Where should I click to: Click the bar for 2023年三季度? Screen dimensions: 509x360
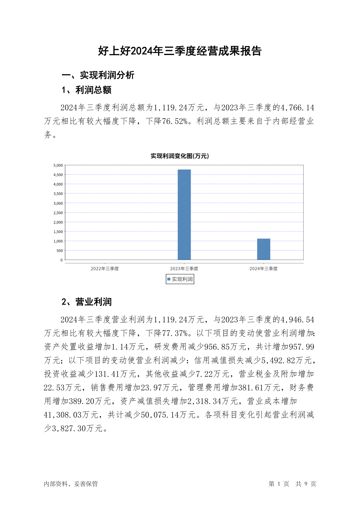[184, 215]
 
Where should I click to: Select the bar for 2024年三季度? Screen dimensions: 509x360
[264, 249]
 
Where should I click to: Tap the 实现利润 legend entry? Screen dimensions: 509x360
[180, 279]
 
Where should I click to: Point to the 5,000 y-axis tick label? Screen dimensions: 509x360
[58, 165]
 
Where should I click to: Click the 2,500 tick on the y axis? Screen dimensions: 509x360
[58, 213]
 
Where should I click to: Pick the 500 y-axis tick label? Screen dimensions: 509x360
[60, 251]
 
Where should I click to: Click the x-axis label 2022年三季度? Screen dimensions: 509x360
[105, 269]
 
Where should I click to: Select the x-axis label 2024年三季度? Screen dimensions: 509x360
[263, 269]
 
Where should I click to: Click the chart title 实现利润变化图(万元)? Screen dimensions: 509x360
[180, 156]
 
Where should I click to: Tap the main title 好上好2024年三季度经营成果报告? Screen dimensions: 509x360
[180, 51]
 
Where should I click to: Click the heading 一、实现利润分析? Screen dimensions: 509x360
[98, 75]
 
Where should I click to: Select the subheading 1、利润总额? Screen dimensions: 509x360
[86, 90]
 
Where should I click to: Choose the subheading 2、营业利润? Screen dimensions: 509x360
[86, 302]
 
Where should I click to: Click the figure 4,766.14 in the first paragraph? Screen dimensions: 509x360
[297, 108]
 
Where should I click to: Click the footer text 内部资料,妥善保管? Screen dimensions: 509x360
[71, 484]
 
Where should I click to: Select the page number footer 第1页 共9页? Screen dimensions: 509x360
[292, 484]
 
